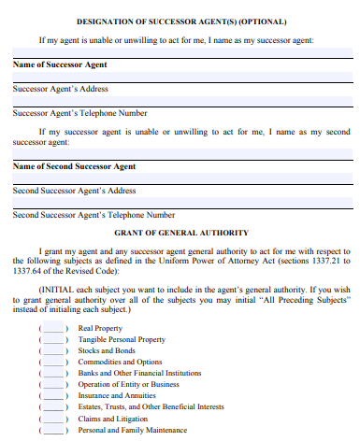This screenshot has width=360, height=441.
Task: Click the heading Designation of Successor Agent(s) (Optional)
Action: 181,21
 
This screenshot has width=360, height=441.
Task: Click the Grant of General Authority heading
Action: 181,232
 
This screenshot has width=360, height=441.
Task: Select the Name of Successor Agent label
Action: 60,64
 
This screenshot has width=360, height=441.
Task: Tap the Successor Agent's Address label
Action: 61,89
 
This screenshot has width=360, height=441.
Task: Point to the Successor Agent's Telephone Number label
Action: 79,113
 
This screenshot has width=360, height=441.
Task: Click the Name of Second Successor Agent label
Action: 74,166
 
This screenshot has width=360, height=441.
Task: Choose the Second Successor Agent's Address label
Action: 75,191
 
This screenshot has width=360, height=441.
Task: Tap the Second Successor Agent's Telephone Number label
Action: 94,215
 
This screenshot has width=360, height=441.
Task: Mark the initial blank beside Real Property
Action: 54,329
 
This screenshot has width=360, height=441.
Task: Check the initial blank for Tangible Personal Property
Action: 54,340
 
